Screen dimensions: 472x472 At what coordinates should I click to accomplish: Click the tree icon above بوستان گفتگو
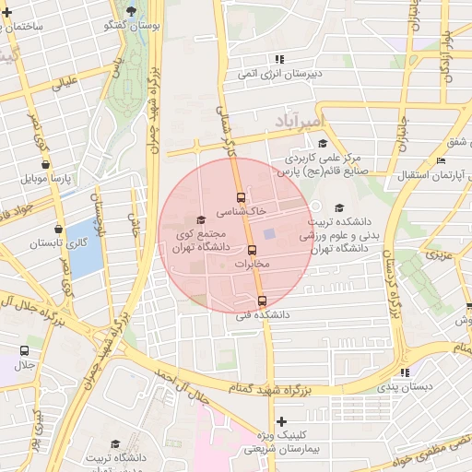[132, 11]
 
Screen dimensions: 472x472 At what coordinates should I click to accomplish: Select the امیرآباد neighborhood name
[301, 121]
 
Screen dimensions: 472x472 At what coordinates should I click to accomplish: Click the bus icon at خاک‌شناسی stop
[241, 197]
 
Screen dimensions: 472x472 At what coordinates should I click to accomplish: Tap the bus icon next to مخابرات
[251, 250]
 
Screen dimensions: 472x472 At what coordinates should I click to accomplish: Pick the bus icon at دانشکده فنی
[262, 301]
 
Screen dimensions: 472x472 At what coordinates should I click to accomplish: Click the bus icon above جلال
[24, 350]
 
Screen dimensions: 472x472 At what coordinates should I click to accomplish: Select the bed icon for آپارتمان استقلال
[441, 160]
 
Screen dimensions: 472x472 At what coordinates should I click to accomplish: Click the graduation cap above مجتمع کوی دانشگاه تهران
[202, 218]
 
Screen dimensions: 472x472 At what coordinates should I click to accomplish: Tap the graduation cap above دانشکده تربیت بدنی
[338, 207]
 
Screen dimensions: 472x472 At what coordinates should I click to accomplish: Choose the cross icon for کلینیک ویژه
[281, 420]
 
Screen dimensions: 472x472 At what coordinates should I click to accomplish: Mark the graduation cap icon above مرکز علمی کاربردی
[322, 143]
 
